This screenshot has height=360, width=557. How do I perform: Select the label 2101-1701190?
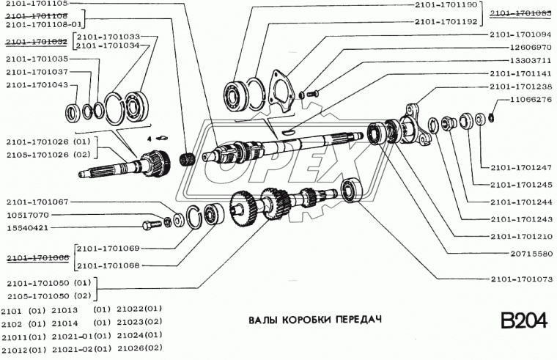(x=445, y=4)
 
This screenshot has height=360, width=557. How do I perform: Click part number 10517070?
(x=28, y=215)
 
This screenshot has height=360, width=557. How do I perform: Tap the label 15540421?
(x=28, y=227)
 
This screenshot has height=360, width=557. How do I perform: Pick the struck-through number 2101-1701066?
(x=38, y=257)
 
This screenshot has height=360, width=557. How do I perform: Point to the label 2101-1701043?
(x=37, y=86)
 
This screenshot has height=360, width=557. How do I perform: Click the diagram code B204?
(x=523, y=323)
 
